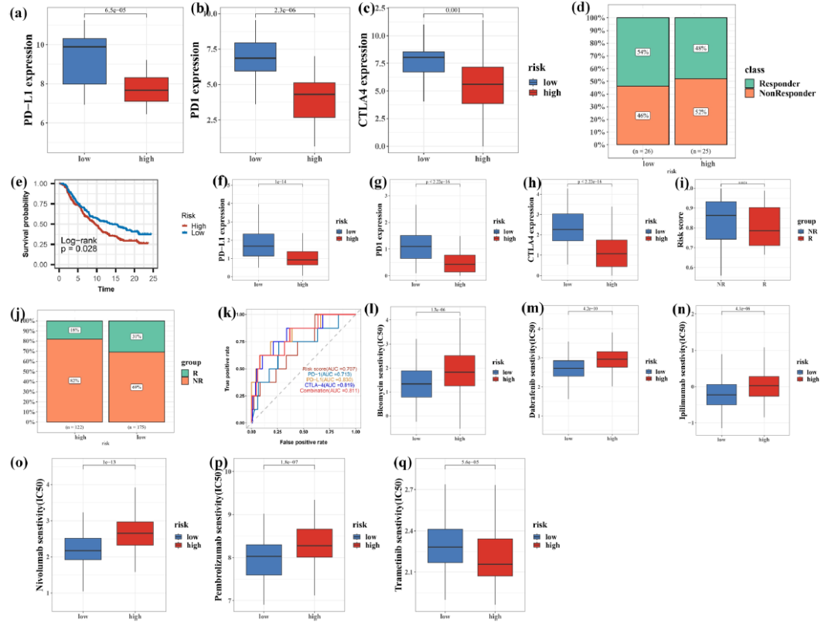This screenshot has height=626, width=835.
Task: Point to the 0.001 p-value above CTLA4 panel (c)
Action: (x=452, y=12)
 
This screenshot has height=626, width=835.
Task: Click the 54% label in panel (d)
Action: (x=643, y=52)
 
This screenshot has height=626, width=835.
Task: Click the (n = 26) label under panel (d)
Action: (x=643, y=151)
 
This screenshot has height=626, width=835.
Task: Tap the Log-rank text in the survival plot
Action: (x=83, y=241)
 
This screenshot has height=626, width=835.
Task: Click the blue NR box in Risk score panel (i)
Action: (x=721, y=220)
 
